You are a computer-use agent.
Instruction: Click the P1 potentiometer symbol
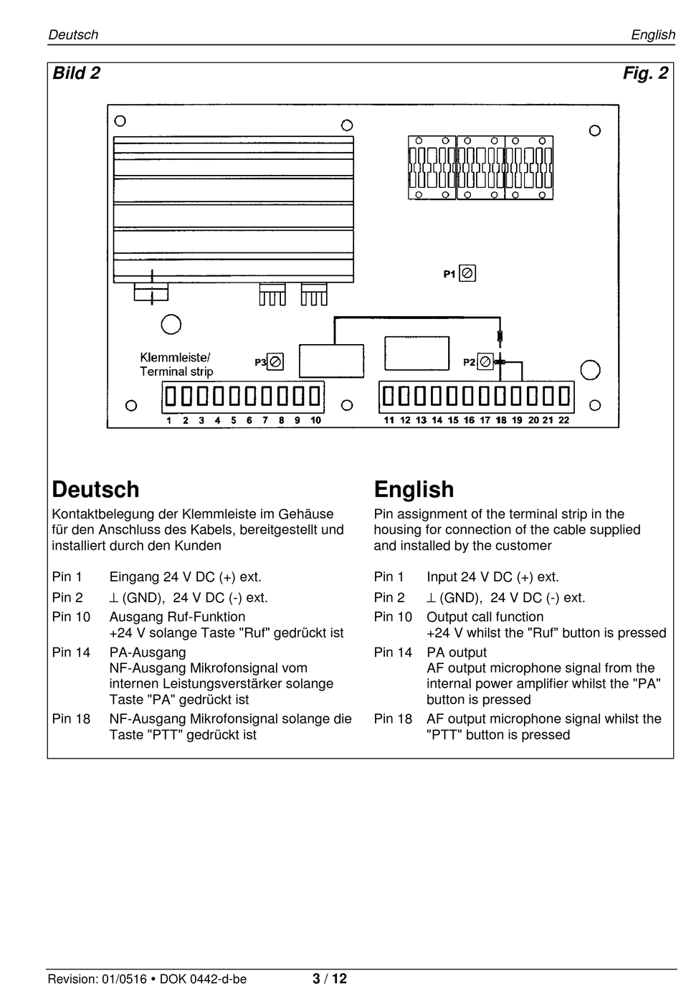click(467, 273)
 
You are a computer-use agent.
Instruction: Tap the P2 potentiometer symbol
click(485, 362)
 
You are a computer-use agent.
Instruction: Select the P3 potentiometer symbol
click(275, 362)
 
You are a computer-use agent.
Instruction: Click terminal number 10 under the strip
click(316, 420)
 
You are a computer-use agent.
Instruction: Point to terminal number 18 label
click(501, 420)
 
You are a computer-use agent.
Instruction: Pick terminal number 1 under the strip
click(169, 420)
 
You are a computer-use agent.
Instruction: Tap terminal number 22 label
click(563, 420)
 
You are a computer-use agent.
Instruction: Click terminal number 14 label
click(437, 420)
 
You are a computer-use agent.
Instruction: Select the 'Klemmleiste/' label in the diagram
click(175, 357)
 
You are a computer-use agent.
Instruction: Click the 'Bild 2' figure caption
click(76, 73)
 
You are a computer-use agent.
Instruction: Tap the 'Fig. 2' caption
click(645, 73)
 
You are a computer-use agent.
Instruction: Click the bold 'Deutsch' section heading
click(95, 489)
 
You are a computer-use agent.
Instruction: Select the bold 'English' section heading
click(414, 490)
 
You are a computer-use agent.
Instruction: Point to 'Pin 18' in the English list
click(393, 718)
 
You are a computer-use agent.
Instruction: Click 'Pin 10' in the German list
click(71, 617)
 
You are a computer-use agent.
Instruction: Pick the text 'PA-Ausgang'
click(148, 652)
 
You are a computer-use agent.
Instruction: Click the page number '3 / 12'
click(330, 979)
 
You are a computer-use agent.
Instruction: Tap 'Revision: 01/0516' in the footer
click(97, 979)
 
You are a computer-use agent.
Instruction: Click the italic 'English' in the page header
click(653, 35)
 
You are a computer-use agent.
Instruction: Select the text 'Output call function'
click(485, 617)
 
